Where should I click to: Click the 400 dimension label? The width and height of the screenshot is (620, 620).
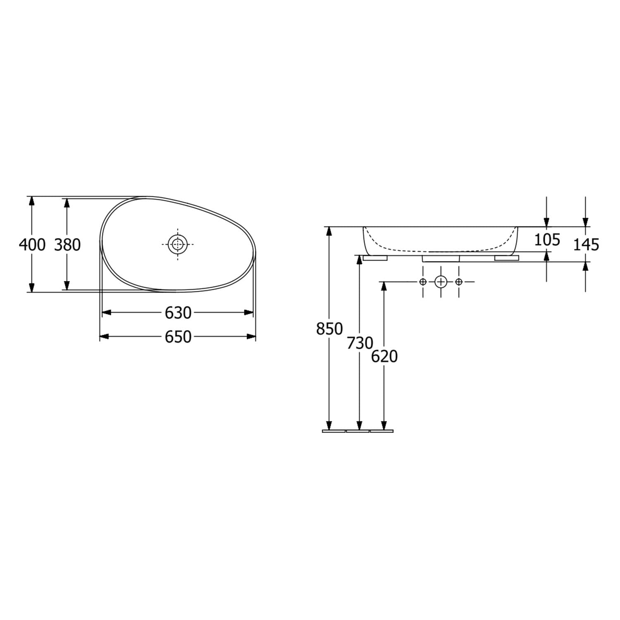coord(32,245)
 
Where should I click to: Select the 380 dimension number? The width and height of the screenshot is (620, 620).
coord(67,245)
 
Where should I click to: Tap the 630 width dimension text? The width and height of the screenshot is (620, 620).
coord(178,313)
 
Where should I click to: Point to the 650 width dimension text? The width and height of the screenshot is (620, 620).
coord(178,337)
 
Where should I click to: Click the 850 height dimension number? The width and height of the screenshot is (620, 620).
coord(329,329)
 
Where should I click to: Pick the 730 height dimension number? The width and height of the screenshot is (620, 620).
coord(360,343)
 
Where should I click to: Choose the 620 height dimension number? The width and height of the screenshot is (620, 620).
coord(384,356)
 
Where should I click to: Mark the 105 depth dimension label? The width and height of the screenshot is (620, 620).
coord(547,239)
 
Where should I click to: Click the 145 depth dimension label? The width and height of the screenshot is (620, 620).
coord(586,245)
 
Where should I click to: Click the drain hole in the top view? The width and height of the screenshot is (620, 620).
coord(178,244)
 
